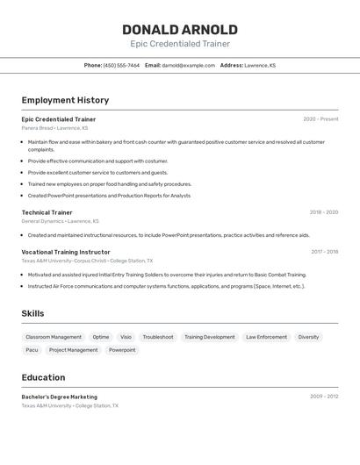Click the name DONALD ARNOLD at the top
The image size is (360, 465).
tap(180, 30)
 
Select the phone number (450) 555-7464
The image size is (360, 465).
tap(121, 65)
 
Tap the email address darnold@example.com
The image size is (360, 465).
tap(188, 65)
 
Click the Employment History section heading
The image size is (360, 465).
tap(65, 100)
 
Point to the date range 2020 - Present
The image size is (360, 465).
tap(320, 119)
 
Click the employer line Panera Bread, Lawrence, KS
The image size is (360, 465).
tap(54, 128)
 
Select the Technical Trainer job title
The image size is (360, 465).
tap(47, 212)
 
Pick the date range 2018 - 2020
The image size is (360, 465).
tap(323, 212)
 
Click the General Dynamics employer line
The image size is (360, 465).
tap(60, 221)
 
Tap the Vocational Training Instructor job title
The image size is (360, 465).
tap(66, 252)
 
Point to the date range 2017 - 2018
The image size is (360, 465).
tap(324, 252)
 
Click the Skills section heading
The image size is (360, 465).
tap(32, 313)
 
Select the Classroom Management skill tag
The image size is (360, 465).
tap(54, 337)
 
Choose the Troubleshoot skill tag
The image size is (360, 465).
tap(158, 337)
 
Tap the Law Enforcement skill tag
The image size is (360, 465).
tap(266, 337)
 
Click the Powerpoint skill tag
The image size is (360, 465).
tap(122, 350)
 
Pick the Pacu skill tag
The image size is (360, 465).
tap(32, 350)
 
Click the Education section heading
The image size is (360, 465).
tap(43, 377)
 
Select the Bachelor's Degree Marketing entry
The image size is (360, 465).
tap(60, 397)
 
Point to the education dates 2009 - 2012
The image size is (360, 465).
tap(324, 397)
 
